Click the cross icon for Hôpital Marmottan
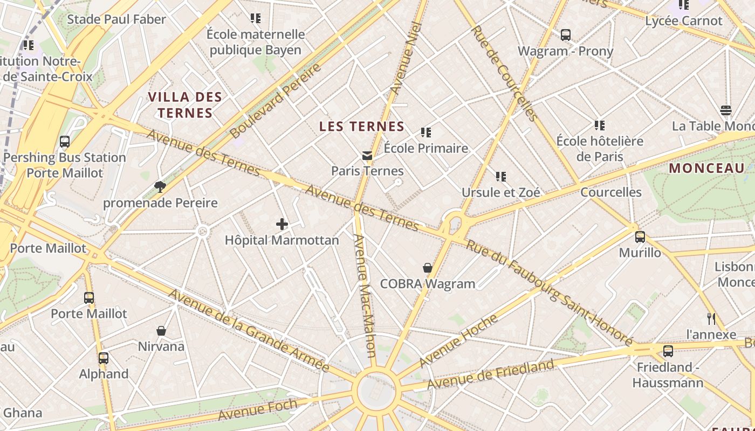pos(282,224)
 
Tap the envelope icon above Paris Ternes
pos(367,156)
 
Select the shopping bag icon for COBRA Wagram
pos(428,268)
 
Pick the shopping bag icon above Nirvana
pos(161,330)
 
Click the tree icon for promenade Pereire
pos(160,187)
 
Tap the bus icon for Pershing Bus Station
pos(65,142)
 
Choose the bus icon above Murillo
pos(640,237)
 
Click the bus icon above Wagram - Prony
pos(565,35)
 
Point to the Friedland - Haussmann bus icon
pos(668,351)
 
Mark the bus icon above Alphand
pos(104,358)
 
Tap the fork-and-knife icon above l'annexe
pos(711,318)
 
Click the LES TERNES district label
pos(362,127)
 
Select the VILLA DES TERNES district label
pos(185,105)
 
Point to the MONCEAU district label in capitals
pos(706,168)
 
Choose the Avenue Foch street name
pos(258,409)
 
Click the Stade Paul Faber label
pos(116,20)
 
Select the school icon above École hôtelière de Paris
pos(599,126)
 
